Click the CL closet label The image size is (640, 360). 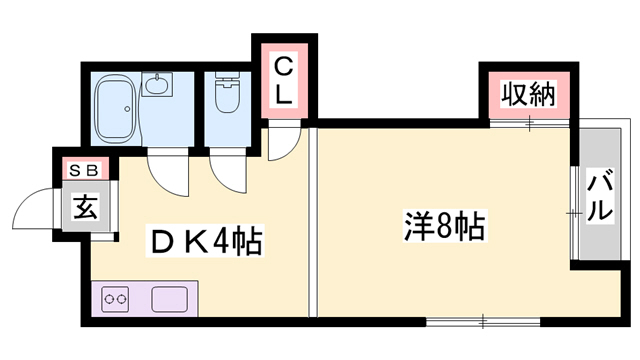click(283, 81)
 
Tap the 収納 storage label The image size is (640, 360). click(529, 95)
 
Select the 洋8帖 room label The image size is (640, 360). click(444, 226)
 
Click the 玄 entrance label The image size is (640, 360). click(86, 207)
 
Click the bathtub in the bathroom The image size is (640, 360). click(115, 108)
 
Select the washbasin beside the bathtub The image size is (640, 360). click(157, 84)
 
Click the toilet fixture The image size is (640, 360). click(227, 93)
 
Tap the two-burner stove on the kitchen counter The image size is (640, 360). click(115, 299)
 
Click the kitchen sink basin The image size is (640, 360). click(170, 299)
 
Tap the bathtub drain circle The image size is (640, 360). click(127, 109)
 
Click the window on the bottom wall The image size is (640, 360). click(483, 321)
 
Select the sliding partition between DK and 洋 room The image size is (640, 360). click(313, 222)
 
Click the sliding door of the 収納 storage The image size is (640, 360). click(529, 123)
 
